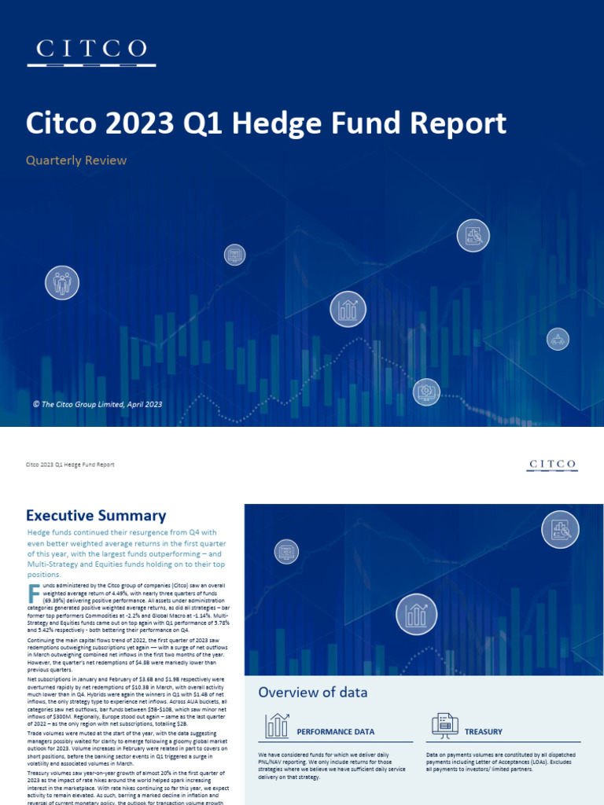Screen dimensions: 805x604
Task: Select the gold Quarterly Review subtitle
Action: coord(76,160)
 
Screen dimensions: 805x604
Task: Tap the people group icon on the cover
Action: coord(62,283)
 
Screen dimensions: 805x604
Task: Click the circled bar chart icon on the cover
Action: coord(347,308)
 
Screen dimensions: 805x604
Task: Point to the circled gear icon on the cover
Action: coord(426,391)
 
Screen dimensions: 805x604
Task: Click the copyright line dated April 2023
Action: coord(98,404)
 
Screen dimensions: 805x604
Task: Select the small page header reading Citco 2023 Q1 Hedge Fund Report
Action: coord(71,465)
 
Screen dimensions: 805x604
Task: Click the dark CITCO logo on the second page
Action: coord(551,465)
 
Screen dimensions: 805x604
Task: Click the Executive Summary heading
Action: coord(96,516)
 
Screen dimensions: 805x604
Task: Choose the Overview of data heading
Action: coord(313,692)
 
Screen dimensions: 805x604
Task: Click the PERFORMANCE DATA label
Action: coord(335,732)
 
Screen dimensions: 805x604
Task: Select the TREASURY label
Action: coord(484,732)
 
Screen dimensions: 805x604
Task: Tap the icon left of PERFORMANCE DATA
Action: coord(277,726)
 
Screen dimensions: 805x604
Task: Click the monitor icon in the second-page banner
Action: coord(285,553)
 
